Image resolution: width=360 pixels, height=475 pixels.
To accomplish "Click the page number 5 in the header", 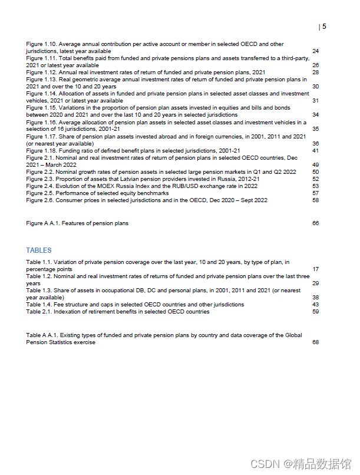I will pyautogui.click(x=324, y=27).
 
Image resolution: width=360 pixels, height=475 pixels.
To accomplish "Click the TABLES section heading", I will pyautogui.click(x=39, y=250).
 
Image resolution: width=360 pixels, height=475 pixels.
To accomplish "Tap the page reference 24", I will pyautogui.click(x=315, y=51).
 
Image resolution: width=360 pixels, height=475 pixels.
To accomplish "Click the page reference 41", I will pyautogui.click(x=315, y=151).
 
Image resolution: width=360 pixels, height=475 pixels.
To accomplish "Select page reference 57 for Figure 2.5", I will pyautogui.click(x=315, y=193).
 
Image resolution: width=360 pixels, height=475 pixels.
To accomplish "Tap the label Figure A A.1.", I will pyautogui.click(x=42, y=223).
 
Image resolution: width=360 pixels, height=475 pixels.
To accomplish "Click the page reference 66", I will pyautogui.click(x=315, y=223).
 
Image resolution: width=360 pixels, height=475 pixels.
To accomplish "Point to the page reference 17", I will pyautogui.click(x=315, y=269).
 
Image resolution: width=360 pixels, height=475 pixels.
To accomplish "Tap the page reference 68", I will pyautogui.click(x=315, y=342).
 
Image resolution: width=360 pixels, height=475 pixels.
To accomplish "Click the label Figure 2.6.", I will pyautogui.click(x=41, y=200).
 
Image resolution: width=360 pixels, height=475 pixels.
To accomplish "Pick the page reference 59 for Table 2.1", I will pyautogui.click(x=315, y=312).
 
